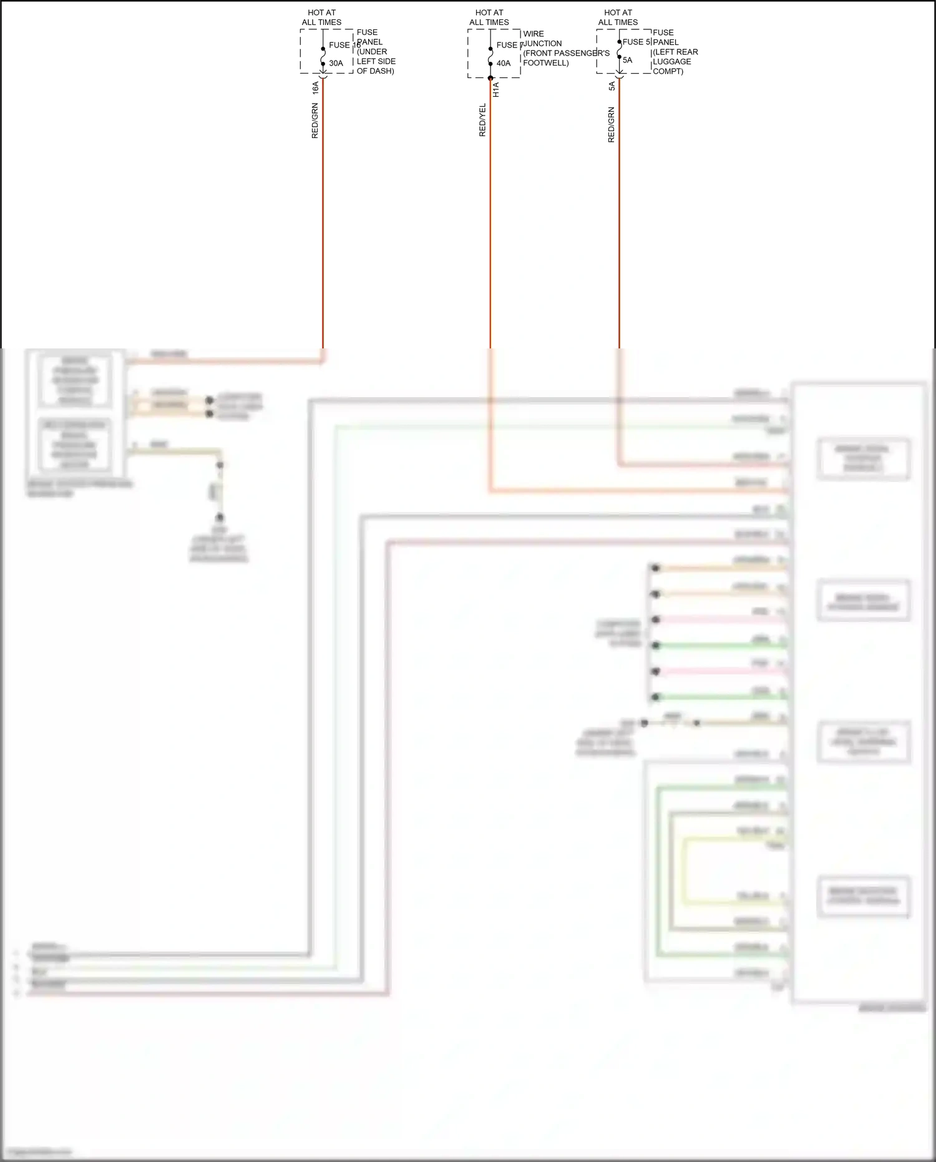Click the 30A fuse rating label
click(336, 63)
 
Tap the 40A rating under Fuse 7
click(504, 63)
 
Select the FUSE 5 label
click(636, 42)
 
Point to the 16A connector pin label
click(316, 87)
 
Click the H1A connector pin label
click(496, 90)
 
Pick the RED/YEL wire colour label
click(482, 120)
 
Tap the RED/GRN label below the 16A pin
click(315, 121)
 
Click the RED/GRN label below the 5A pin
click(612, 125)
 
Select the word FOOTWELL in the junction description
click(545, 63)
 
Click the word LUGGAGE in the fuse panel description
click(671, 61)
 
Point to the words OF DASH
click(375, 71)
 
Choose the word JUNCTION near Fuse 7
click(542, 44)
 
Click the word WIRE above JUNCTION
click(534, 34)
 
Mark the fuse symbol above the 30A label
click(323, 56)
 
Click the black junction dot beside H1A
click(490, 78)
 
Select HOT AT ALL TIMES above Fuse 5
click(618, 17)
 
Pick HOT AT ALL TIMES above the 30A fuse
click(321, 17)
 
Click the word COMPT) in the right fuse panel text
click(668, 71)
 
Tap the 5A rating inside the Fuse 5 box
click(627, 60)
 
